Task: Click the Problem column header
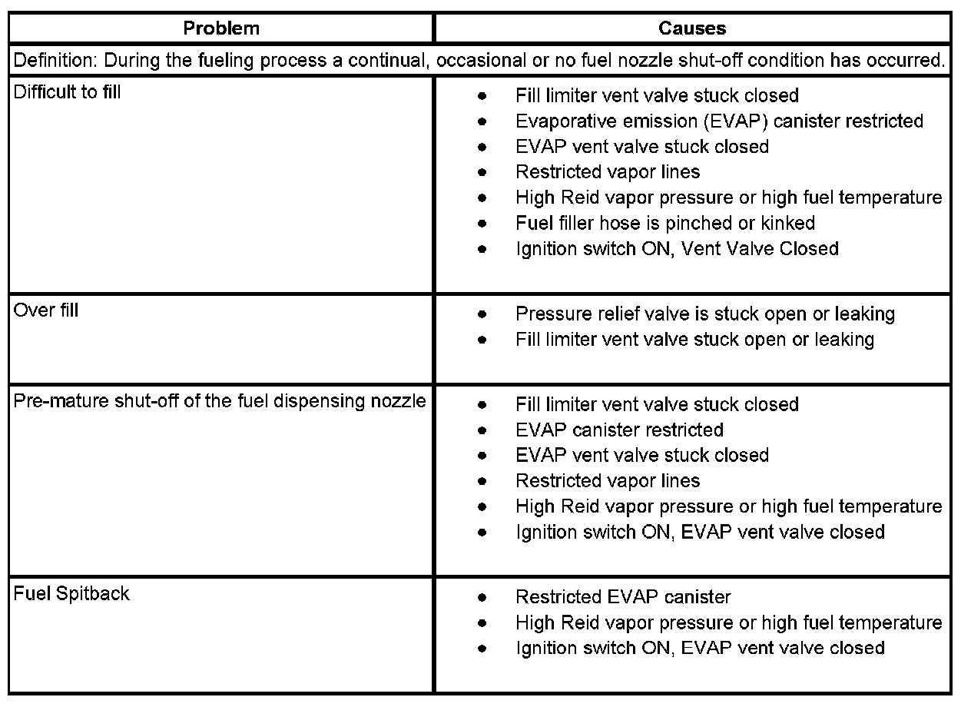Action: point(221,29)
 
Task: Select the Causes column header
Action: point(692,29)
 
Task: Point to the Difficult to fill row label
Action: point(68,92)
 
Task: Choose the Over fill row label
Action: point(46,310)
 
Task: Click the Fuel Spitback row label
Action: point(71,593)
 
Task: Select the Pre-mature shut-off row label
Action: point(220,401)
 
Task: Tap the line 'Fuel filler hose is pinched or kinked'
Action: point(665,223)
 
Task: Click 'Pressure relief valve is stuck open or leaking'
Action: point(705,314)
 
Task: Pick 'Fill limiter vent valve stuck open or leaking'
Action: point(694,339)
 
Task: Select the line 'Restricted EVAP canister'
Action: point(623,596)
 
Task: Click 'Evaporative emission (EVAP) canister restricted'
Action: point(719,121)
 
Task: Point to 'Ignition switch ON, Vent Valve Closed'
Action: point(677,248)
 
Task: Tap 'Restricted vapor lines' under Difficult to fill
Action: point(608,171)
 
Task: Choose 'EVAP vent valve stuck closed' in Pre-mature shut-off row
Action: point(641,455)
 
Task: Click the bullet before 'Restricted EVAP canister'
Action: point(482,597)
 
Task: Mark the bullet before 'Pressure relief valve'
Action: point(482,314)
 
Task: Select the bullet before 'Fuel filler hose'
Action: point(482,224)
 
